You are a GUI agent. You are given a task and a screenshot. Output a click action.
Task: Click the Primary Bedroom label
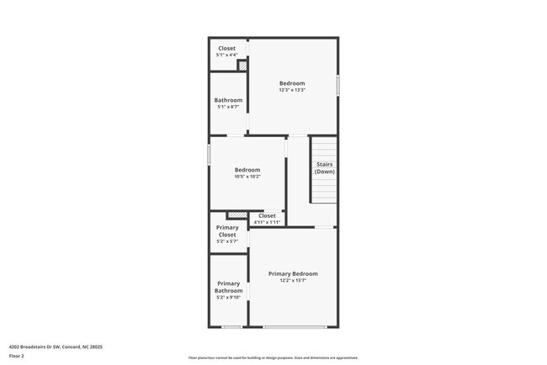click(x=293, y=274)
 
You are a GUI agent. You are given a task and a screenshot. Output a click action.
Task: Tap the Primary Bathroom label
click(x=229, y=287)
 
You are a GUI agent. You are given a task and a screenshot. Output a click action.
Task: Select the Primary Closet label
click(x=227, y=231)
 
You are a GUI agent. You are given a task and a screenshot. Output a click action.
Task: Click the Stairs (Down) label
click(x=325, y=167)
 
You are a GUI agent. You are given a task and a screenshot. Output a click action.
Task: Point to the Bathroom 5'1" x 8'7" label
click(x=228, y=100)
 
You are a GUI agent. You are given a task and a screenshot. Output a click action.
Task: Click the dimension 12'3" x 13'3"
click(x=292, y=91)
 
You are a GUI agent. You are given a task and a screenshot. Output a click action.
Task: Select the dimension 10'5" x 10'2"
click(x=247, y=177)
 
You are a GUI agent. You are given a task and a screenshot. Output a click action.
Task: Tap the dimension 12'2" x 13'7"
click(x=293, y=281)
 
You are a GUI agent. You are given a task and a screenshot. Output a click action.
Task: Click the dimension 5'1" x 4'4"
click(x=227, y=56)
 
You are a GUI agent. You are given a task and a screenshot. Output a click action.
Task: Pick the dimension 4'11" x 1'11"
click(x=267, y=222)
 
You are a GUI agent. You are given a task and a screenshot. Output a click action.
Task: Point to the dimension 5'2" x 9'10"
click(x=229, y=298)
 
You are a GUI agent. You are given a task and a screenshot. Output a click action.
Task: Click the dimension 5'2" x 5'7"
click(x=227, y=241)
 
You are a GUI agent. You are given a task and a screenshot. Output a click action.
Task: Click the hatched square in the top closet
click(x=242, y=65)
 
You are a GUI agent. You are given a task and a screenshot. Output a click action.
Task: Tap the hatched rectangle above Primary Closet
click(x=238, y=215)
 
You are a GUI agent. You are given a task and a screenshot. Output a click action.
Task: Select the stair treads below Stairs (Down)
click(x=325, y=190)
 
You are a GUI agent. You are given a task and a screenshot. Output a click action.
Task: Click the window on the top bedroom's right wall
click(x=338, y=85)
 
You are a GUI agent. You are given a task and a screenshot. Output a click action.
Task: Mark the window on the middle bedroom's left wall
click(x=209, y=155)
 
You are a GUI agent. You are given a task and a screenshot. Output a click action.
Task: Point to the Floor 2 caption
click(x=17, y=356)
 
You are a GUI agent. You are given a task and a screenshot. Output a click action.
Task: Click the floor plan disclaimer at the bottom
click(x=273, y=358)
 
